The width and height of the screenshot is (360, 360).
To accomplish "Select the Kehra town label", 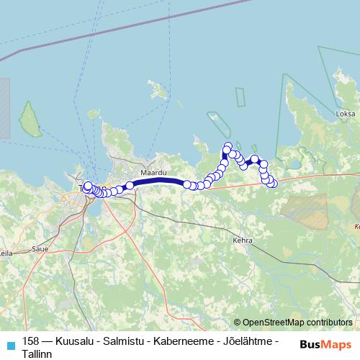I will [x=242, y=240].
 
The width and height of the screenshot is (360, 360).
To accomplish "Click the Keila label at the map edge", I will [x=6, y=253].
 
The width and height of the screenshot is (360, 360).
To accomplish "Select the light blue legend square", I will [x=9, y=343].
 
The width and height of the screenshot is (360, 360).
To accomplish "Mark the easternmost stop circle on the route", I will [x=273, y=184].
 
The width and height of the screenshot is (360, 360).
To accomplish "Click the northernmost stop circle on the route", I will [x=228, y=146].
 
